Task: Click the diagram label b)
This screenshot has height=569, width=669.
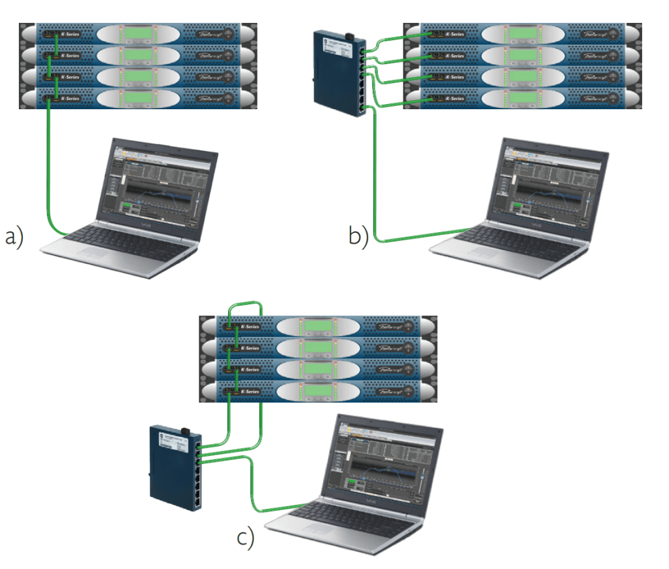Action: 358,235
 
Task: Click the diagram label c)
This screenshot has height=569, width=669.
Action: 245,537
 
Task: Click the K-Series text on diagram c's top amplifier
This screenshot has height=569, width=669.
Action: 250,326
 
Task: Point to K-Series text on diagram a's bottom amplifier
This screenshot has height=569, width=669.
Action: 70,99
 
